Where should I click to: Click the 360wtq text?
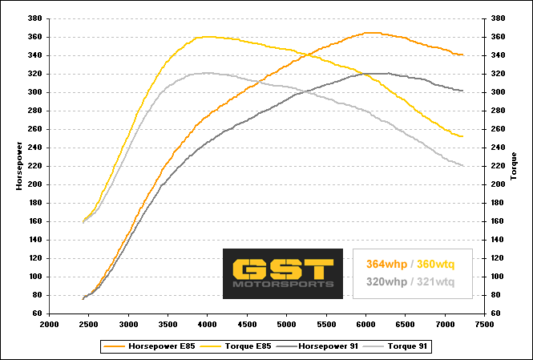tap(435, 264)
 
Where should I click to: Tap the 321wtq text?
tap(435, 282)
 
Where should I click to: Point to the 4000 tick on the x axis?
tap(207, 326)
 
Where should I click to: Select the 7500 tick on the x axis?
tap(483, 326)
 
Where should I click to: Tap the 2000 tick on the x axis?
tap(50, 326)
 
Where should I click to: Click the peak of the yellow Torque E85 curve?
tap(207, 36)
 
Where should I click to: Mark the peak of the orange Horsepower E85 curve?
tap(369, 32)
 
